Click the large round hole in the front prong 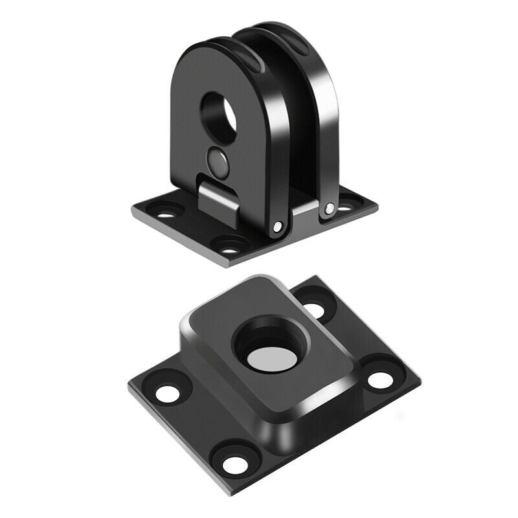pyautogui.click(x=219, y=111)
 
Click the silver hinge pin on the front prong pyautogui.click(x=278, y=227)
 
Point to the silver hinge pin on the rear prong pyautogui.click(x=330, y=208)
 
